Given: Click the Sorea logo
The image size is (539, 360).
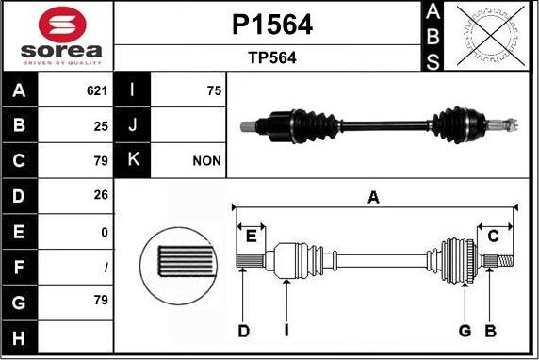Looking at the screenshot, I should pos(57,36).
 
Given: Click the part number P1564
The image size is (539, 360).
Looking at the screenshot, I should pos(271,25).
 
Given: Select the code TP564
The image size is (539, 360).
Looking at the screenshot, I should pos(271,57).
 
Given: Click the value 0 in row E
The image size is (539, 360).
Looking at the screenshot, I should pos(105,231).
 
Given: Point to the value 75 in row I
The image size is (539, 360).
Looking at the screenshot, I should pos(213,91).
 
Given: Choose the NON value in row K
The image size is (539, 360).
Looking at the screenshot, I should pos(206,161).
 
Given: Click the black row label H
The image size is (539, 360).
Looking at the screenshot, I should pos(20,336).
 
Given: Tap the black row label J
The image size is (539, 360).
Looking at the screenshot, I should pos(132,125).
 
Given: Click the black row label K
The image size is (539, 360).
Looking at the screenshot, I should pos(132,161).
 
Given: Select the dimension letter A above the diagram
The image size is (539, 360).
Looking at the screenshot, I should pos(373,197).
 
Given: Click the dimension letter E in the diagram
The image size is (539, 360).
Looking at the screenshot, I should pos(251,237).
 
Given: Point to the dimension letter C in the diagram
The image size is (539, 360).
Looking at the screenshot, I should pos(492,236).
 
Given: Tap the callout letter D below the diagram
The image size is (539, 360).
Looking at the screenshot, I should pos(243,331).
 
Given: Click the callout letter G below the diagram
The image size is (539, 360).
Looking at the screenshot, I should pos(465,331).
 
